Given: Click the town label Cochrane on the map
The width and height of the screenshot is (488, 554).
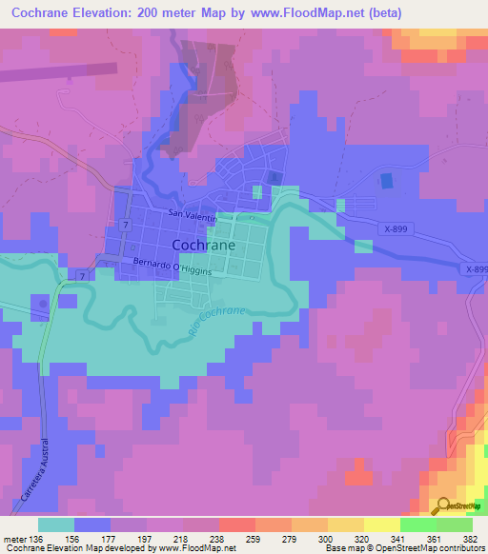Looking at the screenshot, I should [203, 245].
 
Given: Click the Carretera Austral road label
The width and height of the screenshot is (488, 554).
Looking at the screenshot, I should [31, 469].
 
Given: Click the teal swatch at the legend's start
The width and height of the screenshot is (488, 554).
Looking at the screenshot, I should [56, 524].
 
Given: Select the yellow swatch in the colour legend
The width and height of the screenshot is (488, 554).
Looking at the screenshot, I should [381, 524].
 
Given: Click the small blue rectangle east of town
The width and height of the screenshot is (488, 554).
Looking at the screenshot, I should [386, 180].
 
